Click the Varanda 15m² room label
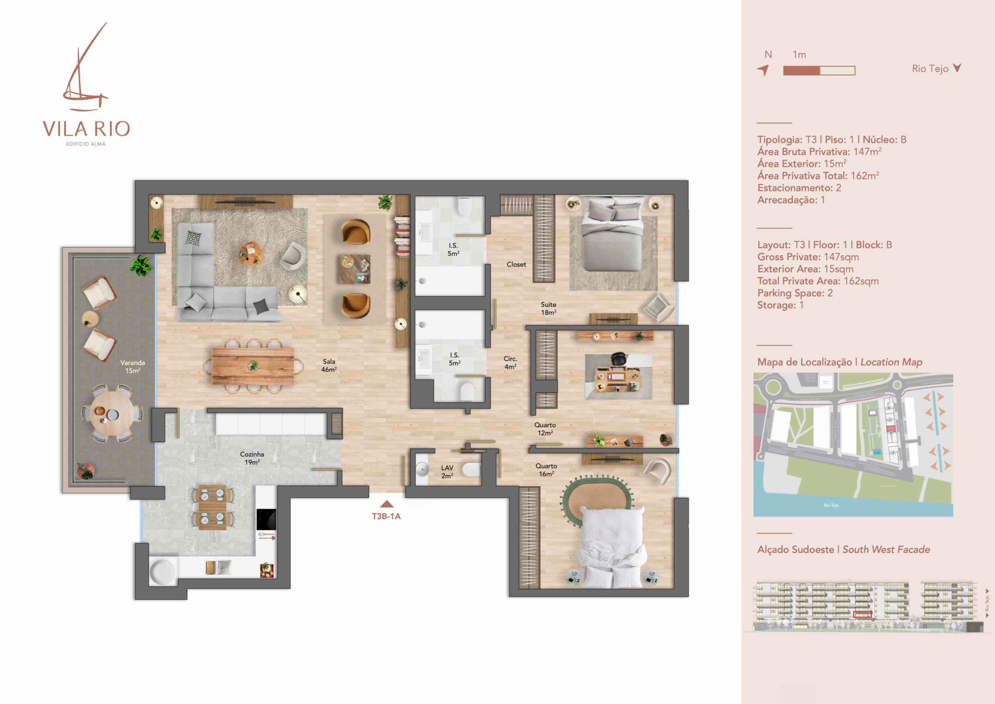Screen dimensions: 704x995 click(x=133, y=367)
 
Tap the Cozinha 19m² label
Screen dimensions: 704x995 click(x=252, y=458)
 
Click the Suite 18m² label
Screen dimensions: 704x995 click(x=548, y=308)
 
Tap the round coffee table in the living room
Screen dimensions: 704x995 click(x=251, y=254)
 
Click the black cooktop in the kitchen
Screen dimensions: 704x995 click(x=266, y=519)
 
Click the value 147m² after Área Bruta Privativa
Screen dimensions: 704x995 click(x=867, y=152)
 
